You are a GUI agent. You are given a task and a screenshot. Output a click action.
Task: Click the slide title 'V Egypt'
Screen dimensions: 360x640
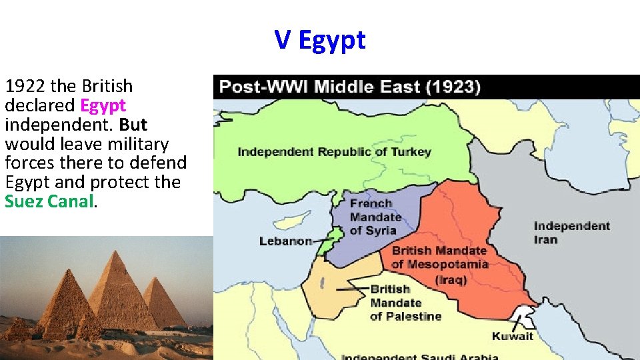(x=320, y=40)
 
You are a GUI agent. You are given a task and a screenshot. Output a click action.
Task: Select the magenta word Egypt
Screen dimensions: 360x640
(x=103, y=105)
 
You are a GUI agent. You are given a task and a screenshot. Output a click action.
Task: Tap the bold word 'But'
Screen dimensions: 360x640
(x=133, y=125)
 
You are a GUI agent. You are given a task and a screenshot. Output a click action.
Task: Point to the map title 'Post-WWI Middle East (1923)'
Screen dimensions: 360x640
(x=350, y=87)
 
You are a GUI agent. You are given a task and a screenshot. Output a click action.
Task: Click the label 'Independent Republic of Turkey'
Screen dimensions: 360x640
(x=334, y=151)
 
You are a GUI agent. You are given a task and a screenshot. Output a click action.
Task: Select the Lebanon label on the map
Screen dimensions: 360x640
(x=285, y=241)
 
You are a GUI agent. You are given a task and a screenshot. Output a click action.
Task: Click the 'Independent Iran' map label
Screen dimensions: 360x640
(x=571, y=233)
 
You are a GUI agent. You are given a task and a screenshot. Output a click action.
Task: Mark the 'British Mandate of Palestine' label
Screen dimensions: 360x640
(x=405, y=302)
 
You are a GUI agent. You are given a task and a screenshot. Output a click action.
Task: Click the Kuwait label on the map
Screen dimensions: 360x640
(x=513, y=335)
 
